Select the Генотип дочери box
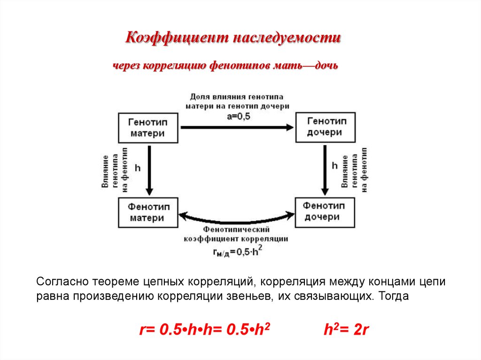coord(324,127)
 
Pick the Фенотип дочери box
coord(324,212)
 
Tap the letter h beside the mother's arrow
coord(138,167)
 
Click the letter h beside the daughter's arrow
coord(335,166)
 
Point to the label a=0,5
coord(238,116)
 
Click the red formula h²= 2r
coord(347,329)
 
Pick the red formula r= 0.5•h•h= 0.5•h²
coord(207,329)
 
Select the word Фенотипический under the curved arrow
coord(236,230)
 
